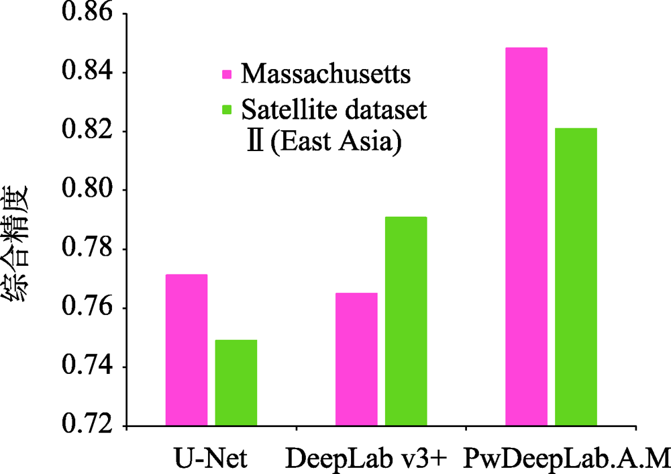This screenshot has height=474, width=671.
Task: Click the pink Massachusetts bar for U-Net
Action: pyautogui.click(x=187, y=350)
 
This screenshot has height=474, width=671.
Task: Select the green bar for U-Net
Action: pyautogui.click(x=236, y=383)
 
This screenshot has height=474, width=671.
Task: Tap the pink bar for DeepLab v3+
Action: pyautogui.click(x=356, y=359)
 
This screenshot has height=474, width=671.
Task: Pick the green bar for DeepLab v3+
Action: pyautogui.click(x=406, y=322)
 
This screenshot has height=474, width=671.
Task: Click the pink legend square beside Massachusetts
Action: pyautogui.click(x=227, y=73)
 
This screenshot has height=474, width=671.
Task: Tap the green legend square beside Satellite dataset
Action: pyautogui.click(x=227, y=109)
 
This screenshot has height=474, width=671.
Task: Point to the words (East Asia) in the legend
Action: pyautogui.click(x=335, y=143)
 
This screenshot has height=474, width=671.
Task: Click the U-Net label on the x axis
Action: pyautogui.click(x=210, y=459)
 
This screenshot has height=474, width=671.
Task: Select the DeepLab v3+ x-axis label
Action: pyautogui.click(x=366, y=459)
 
